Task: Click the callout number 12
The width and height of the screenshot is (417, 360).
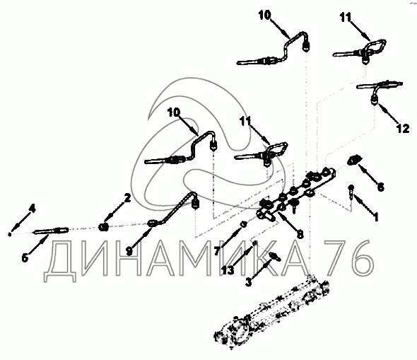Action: (x=403, y=129)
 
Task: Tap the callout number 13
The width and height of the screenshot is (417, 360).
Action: (x=228, y=270)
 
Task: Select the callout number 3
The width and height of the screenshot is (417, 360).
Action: (x=248, y=282)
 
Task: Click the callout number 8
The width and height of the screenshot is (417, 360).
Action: (x=300, y=234)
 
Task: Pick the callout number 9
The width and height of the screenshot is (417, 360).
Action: (x=129, y=251)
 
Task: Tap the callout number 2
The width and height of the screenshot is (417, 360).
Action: (x=128, y=198)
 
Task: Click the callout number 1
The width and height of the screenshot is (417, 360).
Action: (x=376, y=217)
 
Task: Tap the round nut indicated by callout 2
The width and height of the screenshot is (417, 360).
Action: (x=103, y=227)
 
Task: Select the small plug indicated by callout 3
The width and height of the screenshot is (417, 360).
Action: (x=274, y=256)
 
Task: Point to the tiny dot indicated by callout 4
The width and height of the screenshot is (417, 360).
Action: (x=10, y=234)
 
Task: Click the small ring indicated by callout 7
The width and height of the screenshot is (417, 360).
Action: (x=243, y=224)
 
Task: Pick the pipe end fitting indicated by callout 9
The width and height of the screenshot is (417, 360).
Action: (x=153, y=223)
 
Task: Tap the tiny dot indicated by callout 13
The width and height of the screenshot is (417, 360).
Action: (x=254, y=243)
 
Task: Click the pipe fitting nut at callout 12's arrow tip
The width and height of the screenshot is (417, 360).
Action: (x=375, y=100)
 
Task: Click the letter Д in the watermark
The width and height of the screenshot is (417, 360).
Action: (x=60, y=261)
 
